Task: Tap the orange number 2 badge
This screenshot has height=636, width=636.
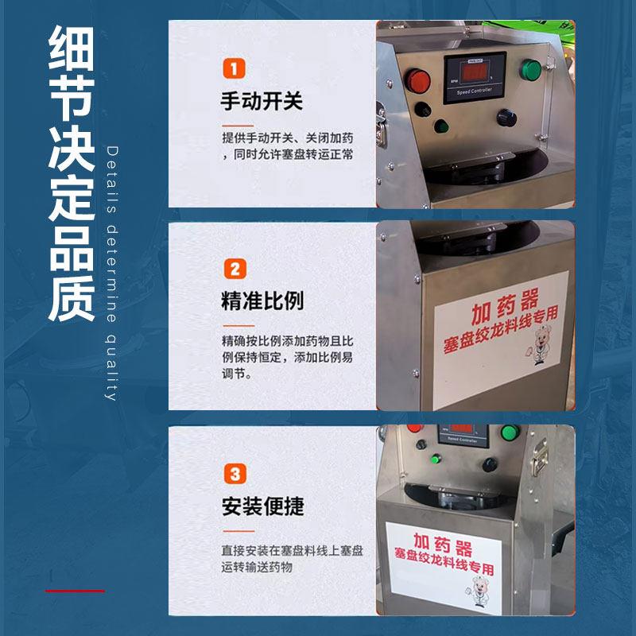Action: pyautogui.click(x=234, y=269)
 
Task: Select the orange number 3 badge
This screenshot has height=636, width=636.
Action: pyautogui.click(x=234, y=474)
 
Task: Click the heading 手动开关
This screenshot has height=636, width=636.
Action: pyautogui.click(x=262, y=103)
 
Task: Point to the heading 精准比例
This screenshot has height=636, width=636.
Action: pyautogui.click(x=262, y=302)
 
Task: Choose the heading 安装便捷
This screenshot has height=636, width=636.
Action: pyautogui.click(x=262, y=506)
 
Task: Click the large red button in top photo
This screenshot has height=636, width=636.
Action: pyautogui.click(x=417, y=79)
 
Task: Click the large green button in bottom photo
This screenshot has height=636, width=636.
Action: pyautogui.click(x=510, y=434)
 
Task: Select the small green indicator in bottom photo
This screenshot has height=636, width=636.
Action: pyautogui.click(x=436, y=458)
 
